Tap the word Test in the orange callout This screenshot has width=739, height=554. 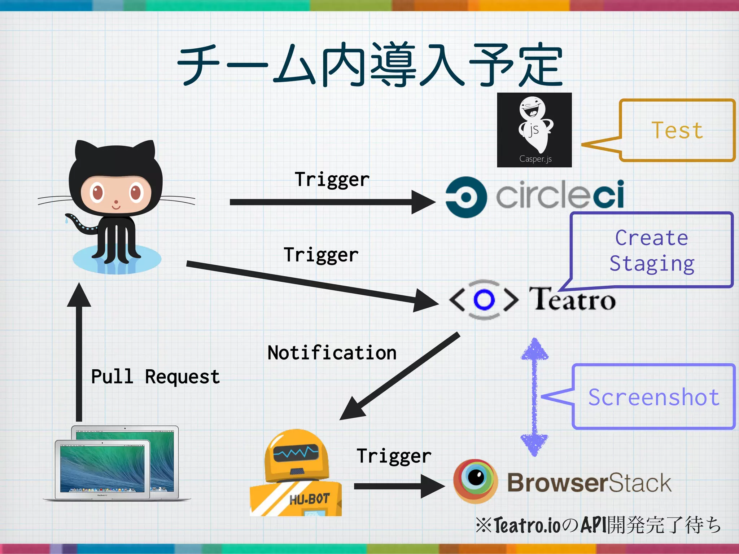[677, 130]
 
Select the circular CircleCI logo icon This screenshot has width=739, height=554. [466, 197]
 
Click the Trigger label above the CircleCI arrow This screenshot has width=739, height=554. [332, 179]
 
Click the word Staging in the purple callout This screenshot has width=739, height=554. [652, 264]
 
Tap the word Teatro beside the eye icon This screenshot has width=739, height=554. [572, 299]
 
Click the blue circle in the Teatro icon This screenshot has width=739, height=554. [484, 299]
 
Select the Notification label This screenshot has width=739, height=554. [332, 352]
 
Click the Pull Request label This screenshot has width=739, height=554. [155, 377]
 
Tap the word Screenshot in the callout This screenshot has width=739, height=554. [653, 397]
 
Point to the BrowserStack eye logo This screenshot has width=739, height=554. [476, 480]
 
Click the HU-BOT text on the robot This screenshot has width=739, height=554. [310, 499]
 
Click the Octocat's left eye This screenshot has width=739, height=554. [97, 192]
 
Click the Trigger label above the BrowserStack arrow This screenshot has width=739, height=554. [394, 456]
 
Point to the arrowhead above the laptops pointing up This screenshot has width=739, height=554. [79, 296]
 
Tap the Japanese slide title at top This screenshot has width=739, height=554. [369, 65]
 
